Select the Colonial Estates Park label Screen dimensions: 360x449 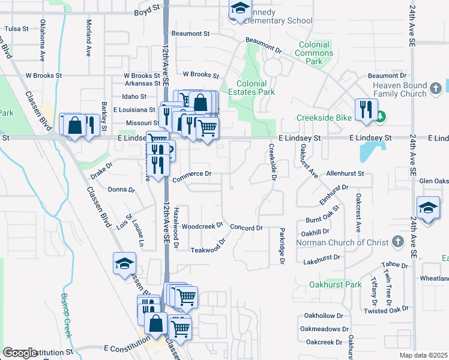(255, 88)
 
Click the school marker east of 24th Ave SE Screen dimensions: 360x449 (427, 208)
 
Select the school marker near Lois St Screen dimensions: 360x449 (124, 264)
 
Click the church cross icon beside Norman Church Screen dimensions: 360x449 (396, 241)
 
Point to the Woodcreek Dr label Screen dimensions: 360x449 (202, 227)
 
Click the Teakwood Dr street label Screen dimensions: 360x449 (208, 248)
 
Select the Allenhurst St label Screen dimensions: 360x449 (345, 173)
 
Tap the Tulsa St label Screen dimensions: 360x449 (16, 28)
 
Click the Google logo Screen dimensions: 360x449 (19, 353)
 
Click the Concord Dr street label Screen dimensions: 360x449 (247, 228)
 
